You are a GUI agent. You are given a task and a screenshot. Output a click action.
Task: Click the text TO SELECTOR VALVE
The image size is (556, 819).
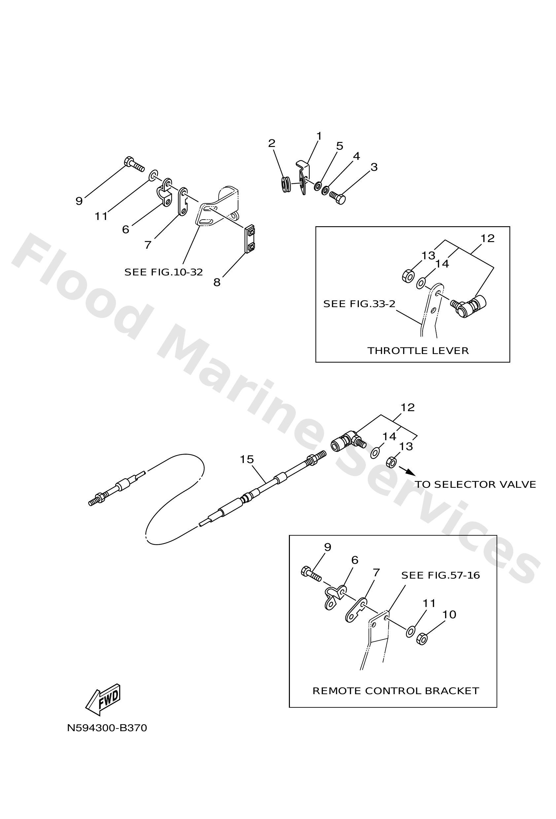point(475,484)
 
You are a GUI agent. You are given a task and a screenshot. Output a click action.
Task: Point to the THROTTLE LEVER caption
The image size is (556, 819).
point(418,351)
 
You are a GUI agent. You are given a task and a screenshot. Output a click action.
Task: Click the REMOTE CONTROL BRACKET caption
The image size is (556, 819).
point(396,691)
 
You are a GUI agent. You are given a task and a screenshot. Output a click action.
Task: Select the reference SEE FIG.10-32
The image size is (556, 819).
point(163,272)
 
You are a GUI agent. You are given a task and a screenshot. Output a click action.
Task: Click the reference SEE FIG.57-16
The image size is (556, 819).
point(440,576)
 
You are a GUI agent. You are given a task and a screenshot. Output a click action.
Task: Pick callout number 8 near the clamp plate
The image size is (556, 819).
point(217,282)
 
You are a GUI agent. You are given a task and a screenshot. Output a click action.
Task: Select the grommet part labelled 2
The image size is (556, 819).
point(286,185)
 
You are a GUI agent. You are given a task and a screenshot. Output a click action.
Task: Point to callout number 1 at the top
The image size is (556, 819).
point(319,136)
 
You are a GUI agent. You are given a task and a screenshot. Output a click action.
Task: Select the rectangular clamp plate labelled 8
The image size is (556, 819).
point(250,239)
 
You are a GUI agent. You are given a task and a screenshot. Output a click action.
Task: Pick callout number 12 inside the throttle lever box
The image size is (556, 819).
point(487,238)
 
